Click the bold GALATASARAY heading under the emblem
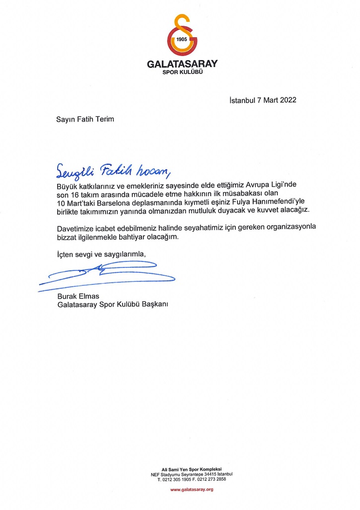[x=182, y=64]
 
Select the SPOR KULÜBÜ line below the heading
[x=182, y=72]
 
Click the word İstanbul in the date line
[x=242, y=100]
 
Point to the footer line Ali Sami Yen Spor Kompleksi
[x=192, y=469]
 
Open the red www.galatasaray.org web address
[x=192, y=490]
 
